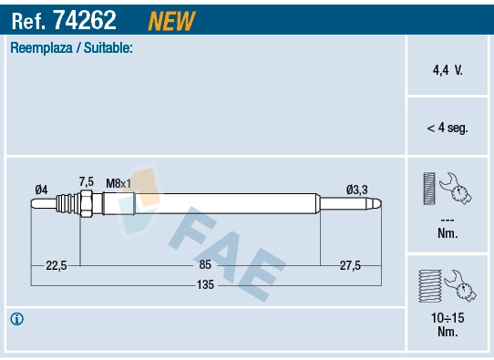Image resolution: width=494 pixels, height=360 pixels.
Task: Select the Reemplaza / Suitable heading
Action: [x=71, y=47]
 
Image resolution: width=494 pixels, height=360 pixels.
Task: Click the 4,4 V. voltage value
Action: [x=447, y=69]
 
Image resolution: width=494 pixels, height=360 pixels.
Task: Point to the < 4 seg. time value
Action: [x=447, y=128]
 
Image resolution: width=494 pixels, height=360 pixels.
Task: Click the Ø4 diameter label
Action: [x=41, y=189]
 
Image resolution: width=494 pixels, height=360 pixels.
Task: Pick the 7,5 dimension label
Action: [x=87, y=181]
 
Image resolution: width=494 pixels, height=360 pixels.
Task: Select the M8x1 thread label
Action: [x=118, y=182]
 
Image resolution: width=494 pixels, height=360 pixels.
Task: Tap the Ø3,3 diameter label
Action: [x=356, y=190]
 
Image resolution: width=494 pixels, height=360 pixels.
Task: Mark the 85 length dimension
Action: [x=205, y=264]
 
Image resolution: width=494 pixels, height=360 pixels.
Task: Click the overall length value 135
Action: [x=205, y=285]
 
